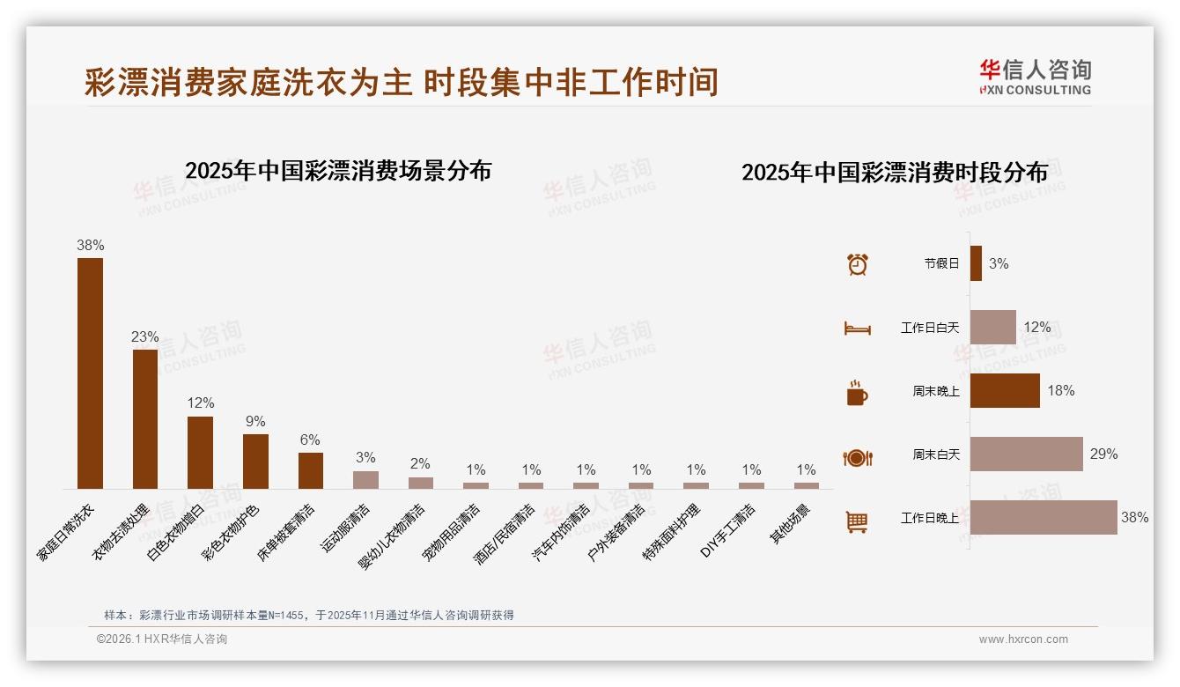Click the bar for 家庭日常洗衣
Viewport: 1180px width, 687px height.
(x=90, y=373)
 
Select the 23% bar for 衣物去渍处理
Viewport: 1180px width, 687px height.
(x=145, y=418)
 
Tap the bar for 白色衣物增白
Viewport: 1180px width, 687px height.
(x=200, y=452)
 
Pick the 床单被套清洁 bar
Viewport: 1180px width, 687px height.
(x=311, y=470)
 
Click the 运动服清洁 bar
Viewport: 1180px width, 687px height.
(x=365, y=479)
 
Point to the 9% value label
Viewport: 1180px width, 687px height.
(x=255, y=422)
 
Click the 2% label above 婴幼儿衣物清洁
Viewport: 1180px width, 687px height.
(x=420, y=464)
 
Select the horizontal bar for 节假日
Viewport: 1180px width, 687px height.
(x=976, y=263)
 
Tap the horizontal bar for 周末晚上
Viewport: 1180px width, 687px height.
(x=1005, y=391)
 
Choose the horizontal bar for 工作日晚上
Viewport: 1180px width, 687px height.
(x=1044, y=518)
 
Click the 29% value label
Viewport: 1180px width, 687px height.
(x=1103, y=454)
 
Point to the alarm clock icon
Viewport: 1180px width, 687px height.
(x=857, y=263)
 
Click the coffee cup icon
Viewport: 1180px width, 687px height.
(x=857, y=393)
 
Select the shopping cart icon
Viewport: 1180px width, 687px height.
(x=857, y=521)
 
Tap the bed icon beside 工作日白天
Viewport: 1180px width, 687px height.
(x=857, y=329)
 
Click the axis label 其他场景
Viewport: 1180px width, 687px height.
(x=792, y=524)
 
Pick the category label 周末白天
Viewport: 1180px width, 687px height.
(x=935, y=454)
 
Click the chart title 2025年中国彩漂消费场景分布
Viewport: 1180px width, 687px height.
(x=338, y=171)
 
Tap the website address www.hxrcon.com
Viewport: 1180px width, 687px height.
(x=1023, y=639)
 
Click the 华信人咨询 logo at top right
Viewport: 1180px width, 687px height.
(x=1035, y=77)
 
